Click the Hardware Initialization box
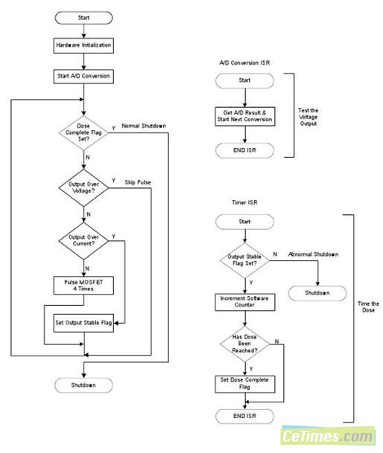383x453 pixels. pos(83,45)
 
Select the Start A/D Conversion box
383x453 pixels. pos(83,77)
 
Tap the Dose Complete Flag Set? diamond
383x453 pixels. pos(83,132)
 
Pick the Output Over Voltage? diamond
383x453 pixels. pos(83,187)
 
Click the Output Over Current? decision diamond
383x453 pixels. pos(83,241)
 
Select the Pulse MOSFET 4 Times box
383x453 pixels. pos(83,286)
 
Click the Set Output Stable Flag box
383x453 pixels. pos(83,323)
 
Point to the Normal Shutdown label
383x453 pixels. pos(144,126)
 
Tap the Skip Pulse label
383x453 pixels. pos(138,182)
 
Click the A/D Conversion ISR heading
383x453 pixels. pos(244,63)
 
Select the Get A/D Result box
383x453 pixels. pos(245,117)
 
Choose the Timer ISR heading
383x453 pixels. pos(244,202)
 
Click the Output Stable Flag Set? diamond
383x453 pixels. pos(244,260)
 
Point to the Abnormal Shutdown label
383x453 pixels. pos(313,254)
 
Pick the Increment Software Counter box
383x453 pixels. pos(245,302)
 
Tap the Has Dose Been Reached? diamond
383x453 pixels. pos(244,344)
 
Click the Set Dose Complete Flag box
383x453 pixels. pos(245,384)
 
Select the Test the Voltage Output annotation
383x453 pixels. pos(308,117)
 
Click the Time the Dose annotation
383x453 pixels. pos(368,306)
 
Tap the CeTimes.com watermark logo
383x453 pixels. pos(327,436)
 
